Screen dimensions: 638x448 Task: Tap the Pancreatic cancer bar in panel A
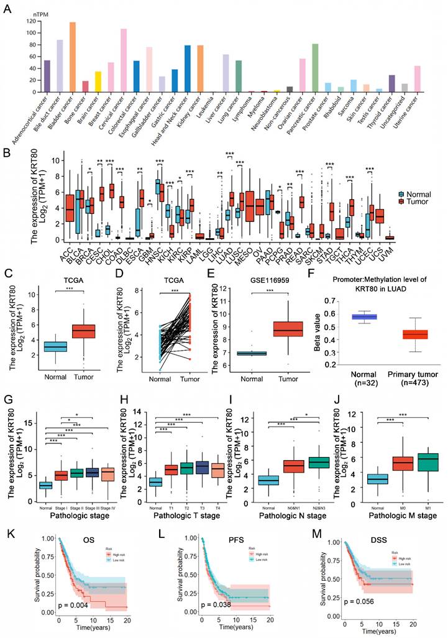click(316, 68)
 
